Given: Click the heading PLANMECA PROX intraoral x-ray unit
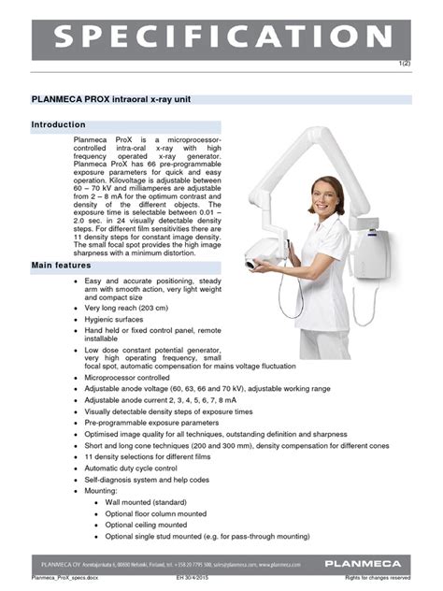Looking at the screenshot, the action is pos(127,98).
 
